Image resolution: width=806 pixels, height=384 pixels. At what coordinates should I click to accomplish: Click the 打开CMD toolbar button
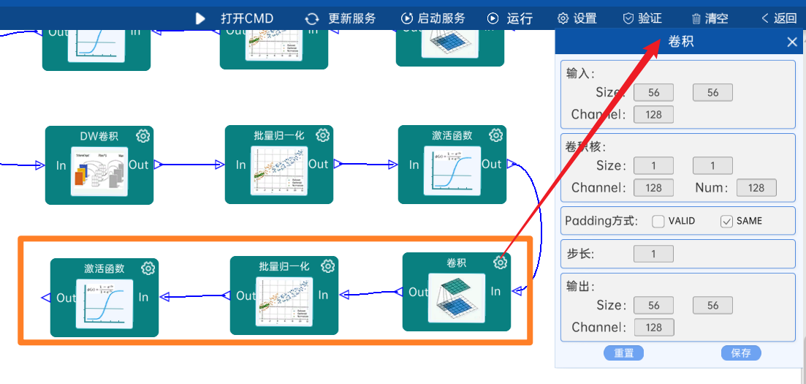coord(235,18)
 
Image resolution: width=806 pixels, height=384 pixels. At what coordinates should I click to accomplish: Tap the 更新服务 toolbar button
coord(341,18)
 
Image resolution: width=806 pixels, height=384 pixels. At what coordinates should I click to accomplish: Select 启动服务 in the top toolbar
coord(433,18)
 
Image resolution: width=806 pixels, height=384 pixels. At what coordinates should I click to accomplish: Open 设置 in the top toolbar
coord(577,18)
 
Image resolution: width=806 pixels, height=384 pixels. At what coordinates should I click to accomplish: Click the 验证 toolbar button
coord(642,18)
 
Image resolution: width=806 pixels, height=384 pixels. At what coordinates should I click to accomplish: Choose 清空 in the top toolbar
coord(710,18)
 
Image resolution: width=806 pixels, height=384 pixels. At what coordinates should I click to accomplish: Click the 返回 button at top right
coord(779,18)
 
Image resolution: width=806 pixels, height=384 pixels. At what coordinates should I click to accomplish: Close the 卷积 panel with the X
coord(792,42)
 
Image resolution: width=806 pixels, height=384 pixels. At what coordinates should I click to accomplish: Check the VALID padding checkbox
coord(658,221)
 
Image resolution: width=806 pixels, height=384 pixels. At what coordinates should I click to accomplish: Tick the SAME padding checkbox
coord(726,221)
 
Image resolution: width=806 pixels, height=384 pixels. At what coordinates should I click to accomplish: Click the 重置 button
coord(623,353)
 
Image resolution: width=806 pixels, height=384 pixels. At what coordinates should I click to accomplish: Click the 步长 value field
coord(653,255)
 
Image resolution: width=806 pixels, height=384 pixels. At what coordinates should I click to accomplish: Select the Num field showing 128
coord(756,188)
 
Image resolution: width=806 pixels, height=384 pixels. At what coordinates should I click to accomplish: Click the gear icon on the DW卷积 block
coord(143,135)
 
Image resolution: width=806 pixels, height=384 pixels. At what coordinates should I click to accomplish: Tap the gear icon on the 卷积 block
coord(501,263)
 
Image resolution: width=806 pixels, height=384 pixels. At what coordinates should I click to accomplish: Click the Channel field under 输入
coord(653,115)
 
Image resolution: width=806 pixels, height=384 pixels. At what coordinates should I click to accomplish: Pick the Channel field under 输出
coord(653,328)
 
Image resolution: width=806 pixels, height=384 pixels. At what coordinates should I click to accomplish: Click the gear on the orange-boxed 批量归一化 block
coord(328,266)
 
